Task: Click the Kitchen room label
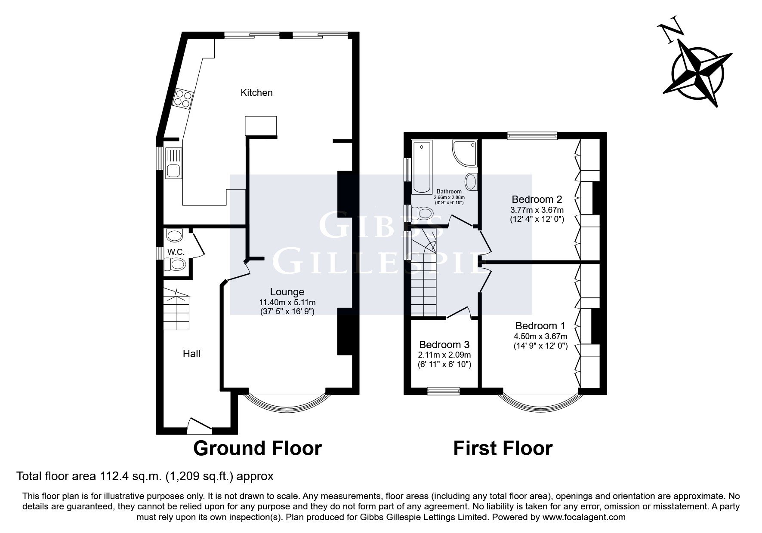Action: pos(256,92)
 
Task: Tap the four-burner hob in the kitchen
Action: pos(182,98)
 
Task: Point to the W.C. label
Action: pos(176,251)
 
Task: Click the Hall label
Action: pos(191,354)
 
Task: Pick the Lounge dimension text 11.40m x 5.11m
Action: pos(287,302)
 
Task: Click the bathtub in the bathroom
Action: pos(421,167)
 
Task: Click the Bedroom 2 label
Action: pos(537,199)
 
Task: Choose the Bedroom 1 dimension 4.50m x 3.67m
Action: pos(540,337)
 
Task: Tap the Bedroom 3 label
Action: pos(444,345)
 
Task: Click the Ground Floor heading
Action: pos(257,448)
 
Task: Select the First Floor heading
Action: pos(503,448)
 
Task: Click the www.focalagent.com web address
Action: pos(584,517)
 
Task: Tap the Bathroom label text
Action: pos(449,191)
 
